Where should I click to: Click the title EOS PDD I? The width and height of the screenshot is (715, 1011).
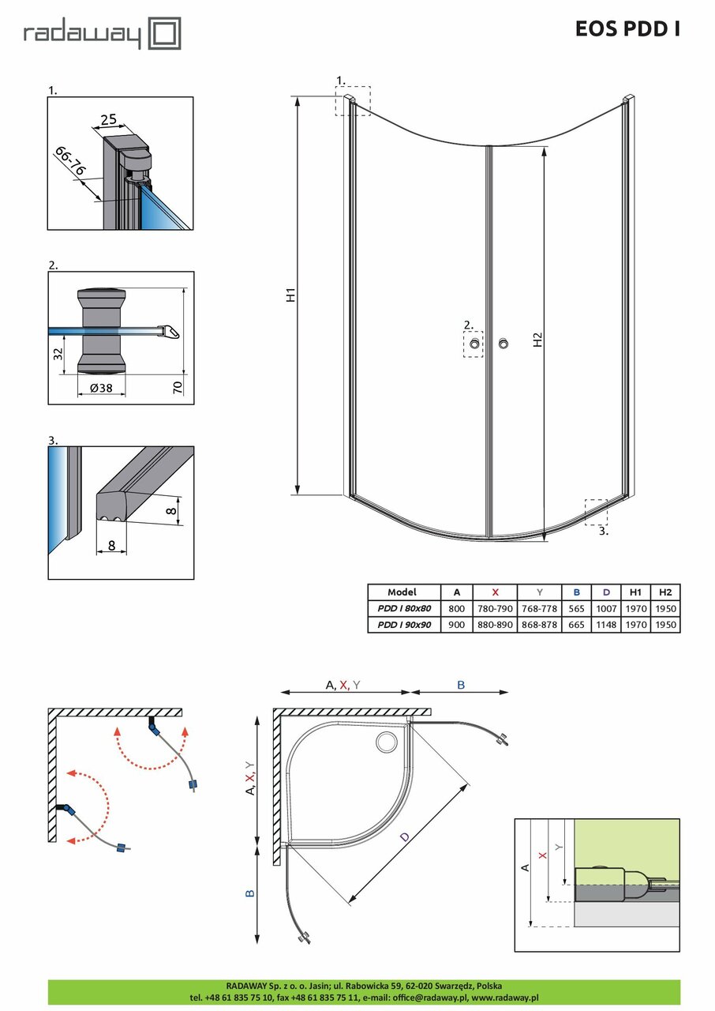tap(627, 29)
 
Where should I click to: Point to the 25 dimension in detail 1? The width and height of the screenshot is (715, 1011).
tap(108, 120)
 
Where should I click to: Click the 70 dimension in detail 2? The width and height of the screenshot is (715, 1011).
tap(179, 387)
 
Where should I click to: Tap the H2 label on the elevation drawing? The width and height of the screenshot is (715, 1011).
tap(538, 340)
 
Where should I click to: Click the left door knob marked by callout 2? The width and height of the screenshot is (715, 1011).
tap(473, 344)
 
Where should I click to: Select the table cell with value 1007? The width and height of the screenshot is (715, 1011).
tap(606, 608)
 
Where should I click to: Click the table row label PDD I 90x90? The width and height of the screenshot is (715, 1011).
tap(403, 624)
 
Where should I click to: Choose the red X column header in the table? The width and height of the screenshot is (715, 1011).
tap(495, 592)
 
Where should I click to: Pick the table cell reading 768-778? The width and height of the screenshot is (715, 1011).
tap(539, 608)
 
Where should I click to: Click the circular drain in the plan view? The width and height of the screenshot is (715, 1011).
tap(387, 742)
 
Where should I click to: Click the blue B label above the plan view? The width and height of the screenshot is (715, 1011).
tap(460, 686)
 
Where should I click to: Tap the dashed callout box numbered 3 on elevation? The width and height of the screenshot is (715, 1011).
tap(596, 512)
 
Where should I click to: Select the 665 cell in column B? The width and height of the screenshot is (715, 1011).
tap(577, 624)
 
